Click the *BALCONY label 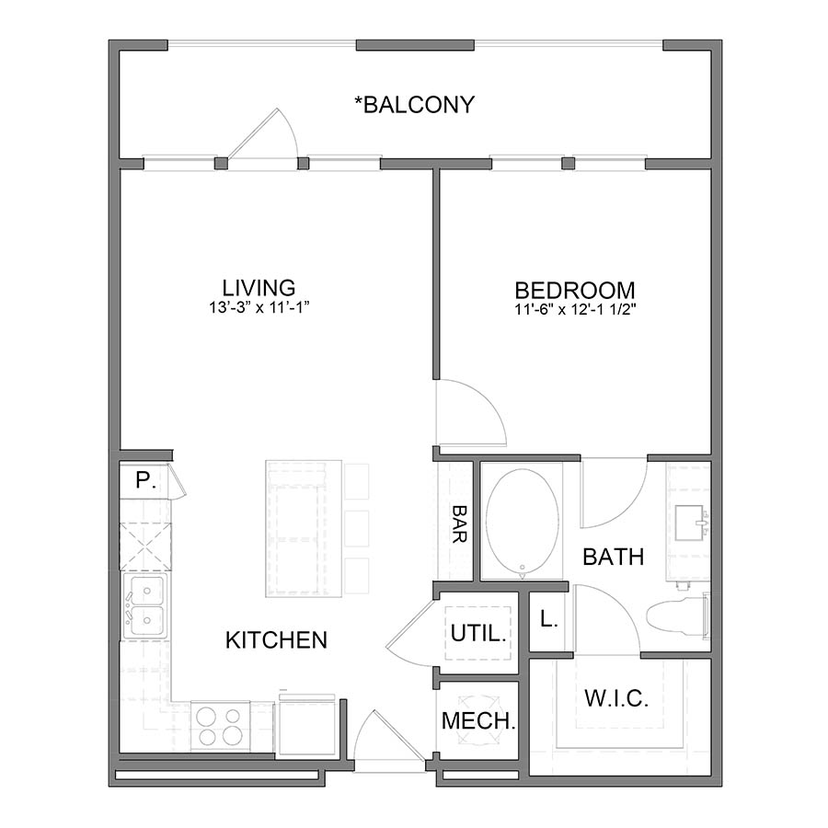point(414,105)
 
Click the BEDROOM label point(574,289)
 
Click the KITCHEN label point(276,639)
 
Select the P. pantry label point(143,480)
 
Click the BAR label point(458,523)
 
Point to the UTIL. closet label point(477,634)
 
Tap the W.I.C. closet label point(616,698)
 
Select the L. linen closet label point(548,620)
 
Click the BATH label point(613,557)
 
